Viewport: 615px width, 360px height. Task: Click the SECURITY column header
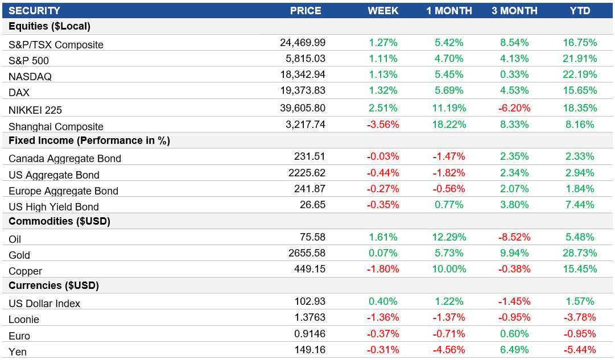point(34,11)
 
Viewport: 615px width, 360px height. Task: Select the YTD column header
point(580,11)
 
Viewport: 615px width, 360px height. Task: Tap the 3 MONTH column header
point(514,11)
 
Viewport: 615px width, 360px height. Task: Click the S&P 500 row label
point(29,61)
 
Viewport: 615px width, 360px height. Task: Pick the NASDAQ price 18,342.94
point(303,75)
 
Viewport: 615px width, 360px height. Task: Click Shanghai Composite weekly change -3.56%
point(383,125)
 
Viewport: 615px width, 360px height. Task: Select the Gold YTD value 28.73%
point(580,253)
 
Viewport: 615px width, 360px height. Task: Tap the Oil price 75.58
point(312,237)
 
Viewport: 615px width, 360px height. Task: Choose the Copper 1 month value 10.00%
point(449,269)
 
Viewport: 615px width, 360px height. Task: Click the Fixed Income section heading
point(89,140)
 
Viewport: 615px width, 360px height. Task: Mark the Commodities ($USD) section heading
point(59,222)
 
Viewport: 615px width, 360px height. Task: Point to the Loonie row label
point(24,320)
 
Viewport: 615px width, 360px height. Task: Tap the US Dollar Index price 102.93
point(310,301)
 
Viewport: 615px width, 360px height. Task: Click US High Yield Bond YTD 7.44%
point(580,205)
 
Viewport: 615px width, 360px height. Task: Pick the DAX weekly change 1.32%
point(383,90)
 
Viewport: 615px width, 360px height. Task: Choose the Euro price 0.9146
point(310,333)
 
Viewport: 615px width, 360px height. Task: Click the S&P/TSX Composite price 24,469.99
point(303,43)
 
